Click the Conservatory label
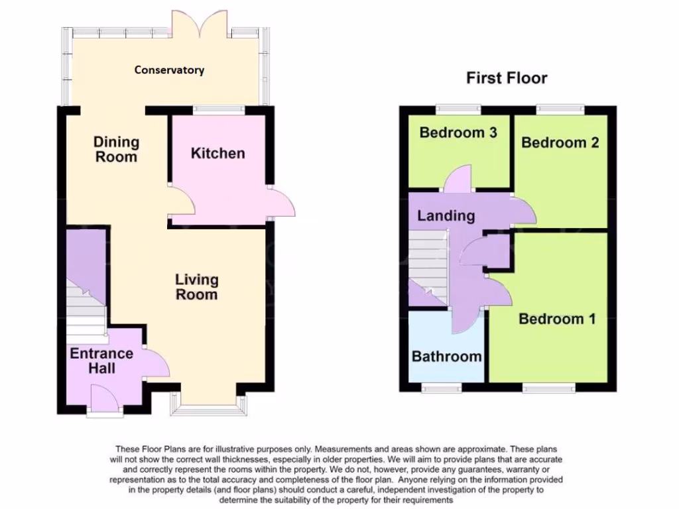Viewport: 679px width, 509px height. [x=169, y=70]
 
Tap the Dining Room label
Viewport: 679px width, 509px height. [x=116, y=149]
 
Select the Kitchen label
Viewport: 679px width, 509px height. [x=217, y=154]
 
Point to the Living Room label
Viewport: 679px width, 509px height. [x=196, y=287]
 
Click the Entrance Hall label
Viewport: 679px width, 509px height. [x=101, y=360]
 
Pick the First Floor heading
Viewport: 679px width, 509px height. [x=507, y=78]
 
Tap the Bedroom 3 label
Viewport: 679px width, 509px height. [x=458, y=133]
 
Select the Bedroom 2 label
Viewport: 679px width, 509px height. [x=560, y=142]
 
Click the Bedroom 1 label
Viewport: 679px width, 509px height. [x=557, y=319]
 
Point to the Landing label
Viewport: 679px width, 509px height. [x=446, y=215]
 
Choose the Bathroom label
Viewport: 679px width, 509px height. [x=446, y=357]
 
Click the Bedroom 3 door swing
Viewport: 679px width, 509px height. [x=458, y=180]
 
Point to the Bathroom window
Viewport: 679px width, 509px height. [x=442, y=387]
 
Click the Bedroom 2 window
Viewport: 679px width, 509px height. [x=560, y=108]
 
